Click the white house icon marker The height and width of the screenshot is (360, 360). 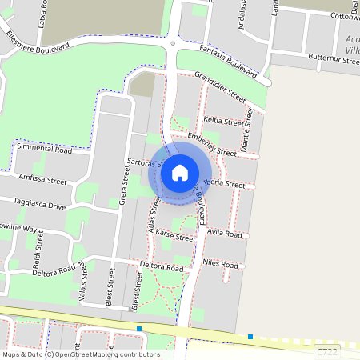(180, 172)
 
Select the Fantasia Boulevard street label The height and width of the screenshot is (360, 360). (225, 64)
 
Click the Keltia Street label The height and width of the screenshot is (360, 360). (223, 122)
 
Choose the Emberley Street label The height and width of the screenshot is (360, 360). (211, 143)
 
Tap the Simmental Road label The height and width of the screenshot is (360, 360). (44, 150)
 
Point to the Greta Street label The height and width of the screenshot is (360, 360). (123, 191)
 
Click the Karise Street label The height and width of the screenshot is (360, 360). (175, 238)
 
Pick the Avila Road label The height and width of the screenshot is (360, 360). (223, 234)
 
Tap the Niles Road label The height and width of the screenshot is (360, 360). (220, 264)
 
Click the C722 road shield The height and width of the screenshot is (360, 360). (326, 350)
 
